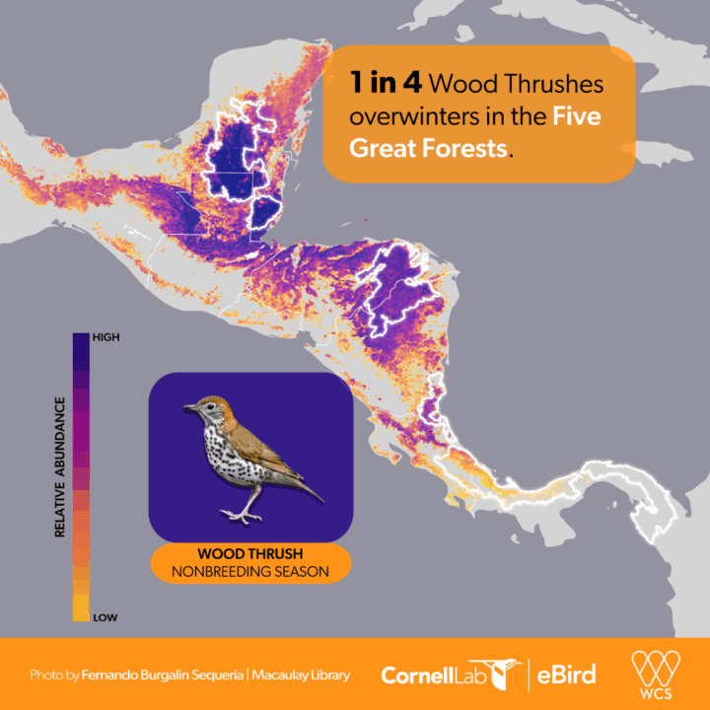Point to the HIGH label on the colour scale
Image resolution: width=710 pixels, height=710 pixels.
pyautogui.click(x=106, y=336)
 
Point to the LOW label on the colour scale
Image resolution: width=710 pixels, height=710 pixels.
pyautogui.click(x=105, y=617)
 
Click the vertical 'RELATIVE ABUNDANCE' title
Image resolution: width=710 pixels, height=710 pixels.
pyautogui.click(x=60, y=466)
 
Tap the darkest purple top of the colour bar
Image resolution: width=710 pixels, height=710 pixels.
pyautogui.click(x=80, y=341)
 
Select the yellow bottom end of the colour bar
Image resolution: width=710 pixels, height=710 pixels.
pyautogui.click(x=80, y=612)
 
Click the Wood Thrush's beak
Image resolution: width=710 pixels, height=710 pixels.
pyautogui.click(x=188, y=406)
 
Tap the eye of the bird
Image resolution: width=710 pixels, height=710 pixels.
pyautogui.click(x=204, y=404)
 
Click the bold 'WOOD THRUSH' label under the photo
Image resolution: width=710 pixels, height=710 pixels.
pyautogui.click(x=249, y=553)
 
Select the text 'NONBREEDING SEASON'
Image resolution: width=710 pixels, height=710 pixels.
pyautogui.click(x=249, y=571)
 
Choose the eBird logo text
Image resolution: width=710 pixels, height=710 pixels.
pyautogui.click(x=568, y=675)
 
